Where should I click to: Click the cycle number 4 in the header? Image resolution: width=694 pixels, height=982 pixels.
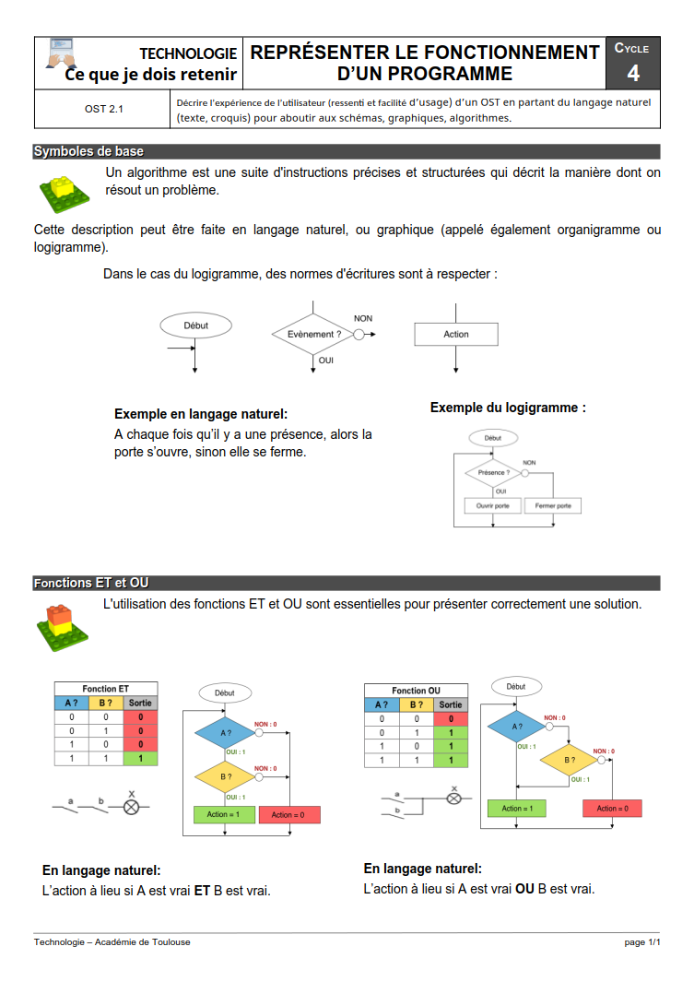click(633, 74)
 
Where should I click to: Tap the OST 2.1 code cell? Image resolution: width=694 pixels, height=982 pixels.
click(103, 109)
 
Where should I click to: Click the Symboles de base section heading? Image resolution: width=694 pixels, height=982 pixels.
click(88, 151)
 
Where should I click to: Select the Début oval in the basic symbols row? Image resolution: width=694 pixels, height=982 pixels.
click(196, 325)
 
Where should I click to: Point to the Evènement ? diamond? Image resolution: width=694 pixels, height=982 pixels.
click(314, 335)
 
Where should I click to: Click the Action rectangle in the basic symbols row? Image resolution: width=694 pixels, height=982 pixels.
click(456, 335)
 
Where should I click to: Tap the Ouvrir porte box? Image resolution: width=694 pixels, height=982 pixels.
click(492, 506)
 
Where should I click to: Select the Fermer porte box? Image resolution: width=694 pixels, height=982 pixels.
click(553, 506)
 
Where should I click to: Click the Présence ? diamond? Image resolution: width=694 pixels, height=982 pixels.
click(493, 473)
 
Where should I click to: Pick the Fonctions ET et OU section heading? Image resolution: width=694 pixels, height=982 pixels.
click(91, 583)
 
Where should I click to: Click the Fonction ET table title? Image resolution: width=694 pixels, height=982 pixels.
click(106, 689)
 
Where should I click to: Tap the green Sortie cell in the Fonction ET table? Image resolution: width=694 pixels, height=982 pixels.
click(141, 758)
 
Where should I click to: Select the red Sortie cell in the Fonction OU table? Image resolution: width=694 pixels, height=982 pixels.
click(451, 718)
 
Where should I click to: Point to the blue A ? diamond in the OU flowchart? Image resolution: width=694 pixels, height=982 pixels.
click(516, 727)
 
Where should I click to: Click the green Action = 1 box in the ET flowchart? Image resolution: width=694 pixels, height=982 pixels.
click(224, 815)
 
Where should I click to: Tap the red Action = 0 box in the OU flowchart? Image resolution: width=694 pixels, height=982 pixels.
click(612, 809)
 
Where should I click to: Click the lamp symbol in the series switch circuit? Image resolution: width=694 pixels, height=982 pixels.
click(131, 807)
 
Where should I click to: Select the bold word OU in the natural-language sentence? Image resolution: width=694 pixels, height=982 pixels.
click(524, 890)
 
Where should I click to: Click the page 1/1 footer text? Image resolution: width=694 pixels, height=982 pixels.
click(642, 942)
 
